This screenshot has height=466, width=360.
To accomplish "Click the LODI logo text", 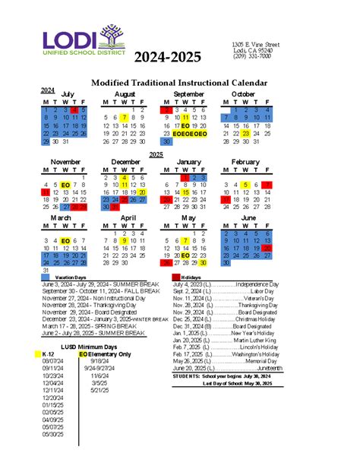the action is click(x=76, y=42).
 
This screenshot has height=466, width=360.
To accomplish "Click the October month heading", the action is click(x=243, y=94).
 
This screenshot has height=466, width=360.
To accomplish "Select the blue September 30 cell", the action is click(x=166, y=141).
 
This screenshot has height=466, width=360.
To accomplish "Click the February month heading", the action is click(x=245, y=162).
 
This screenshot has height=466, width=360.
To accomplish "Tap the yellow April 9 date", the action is click(x=123, y=240).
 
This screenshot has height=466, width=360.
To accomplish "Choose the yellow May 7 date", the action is click(x=185, y=240).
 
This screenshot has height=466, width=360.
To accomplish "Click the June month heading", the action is click(x=248, y=217).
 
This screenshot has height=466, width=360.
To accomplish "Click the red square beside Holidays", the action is click(x=176, y=277).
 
